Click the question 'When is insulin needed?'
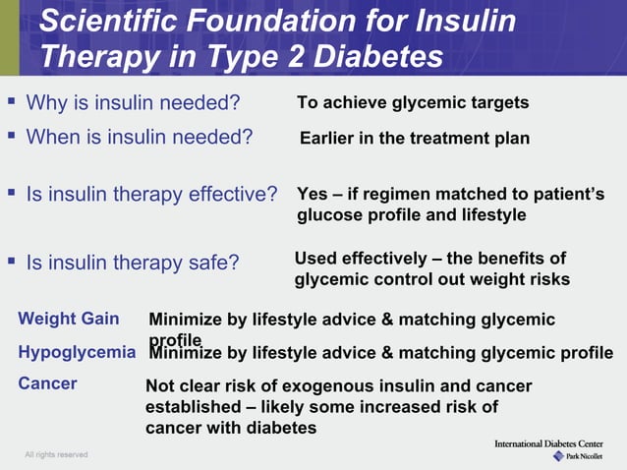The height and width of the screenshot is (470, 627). tap(139, 137)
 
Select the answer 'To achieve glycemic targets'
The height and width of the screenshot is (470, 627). tap(413, 103)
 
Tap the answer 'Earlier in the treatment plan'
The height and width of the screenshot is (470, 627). tap(414, 139)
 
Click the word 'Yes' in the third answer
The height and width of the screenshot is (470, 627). tap(313, 195)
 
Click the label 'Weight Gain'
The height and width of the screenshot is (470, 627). tap(69, 319)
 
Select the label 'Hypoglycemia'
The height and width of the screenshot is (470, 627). tap(77, 352)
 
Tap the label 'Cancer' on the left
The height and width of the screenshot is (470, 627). tap(47, 383)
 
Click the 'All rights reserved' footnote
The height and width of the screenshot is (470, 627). tap(56, 454)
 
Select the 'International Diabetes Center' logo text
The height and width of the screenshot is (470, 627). tap(555, 444)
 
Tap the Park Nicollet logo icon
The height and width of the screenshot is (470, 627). tap(558, 456)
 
